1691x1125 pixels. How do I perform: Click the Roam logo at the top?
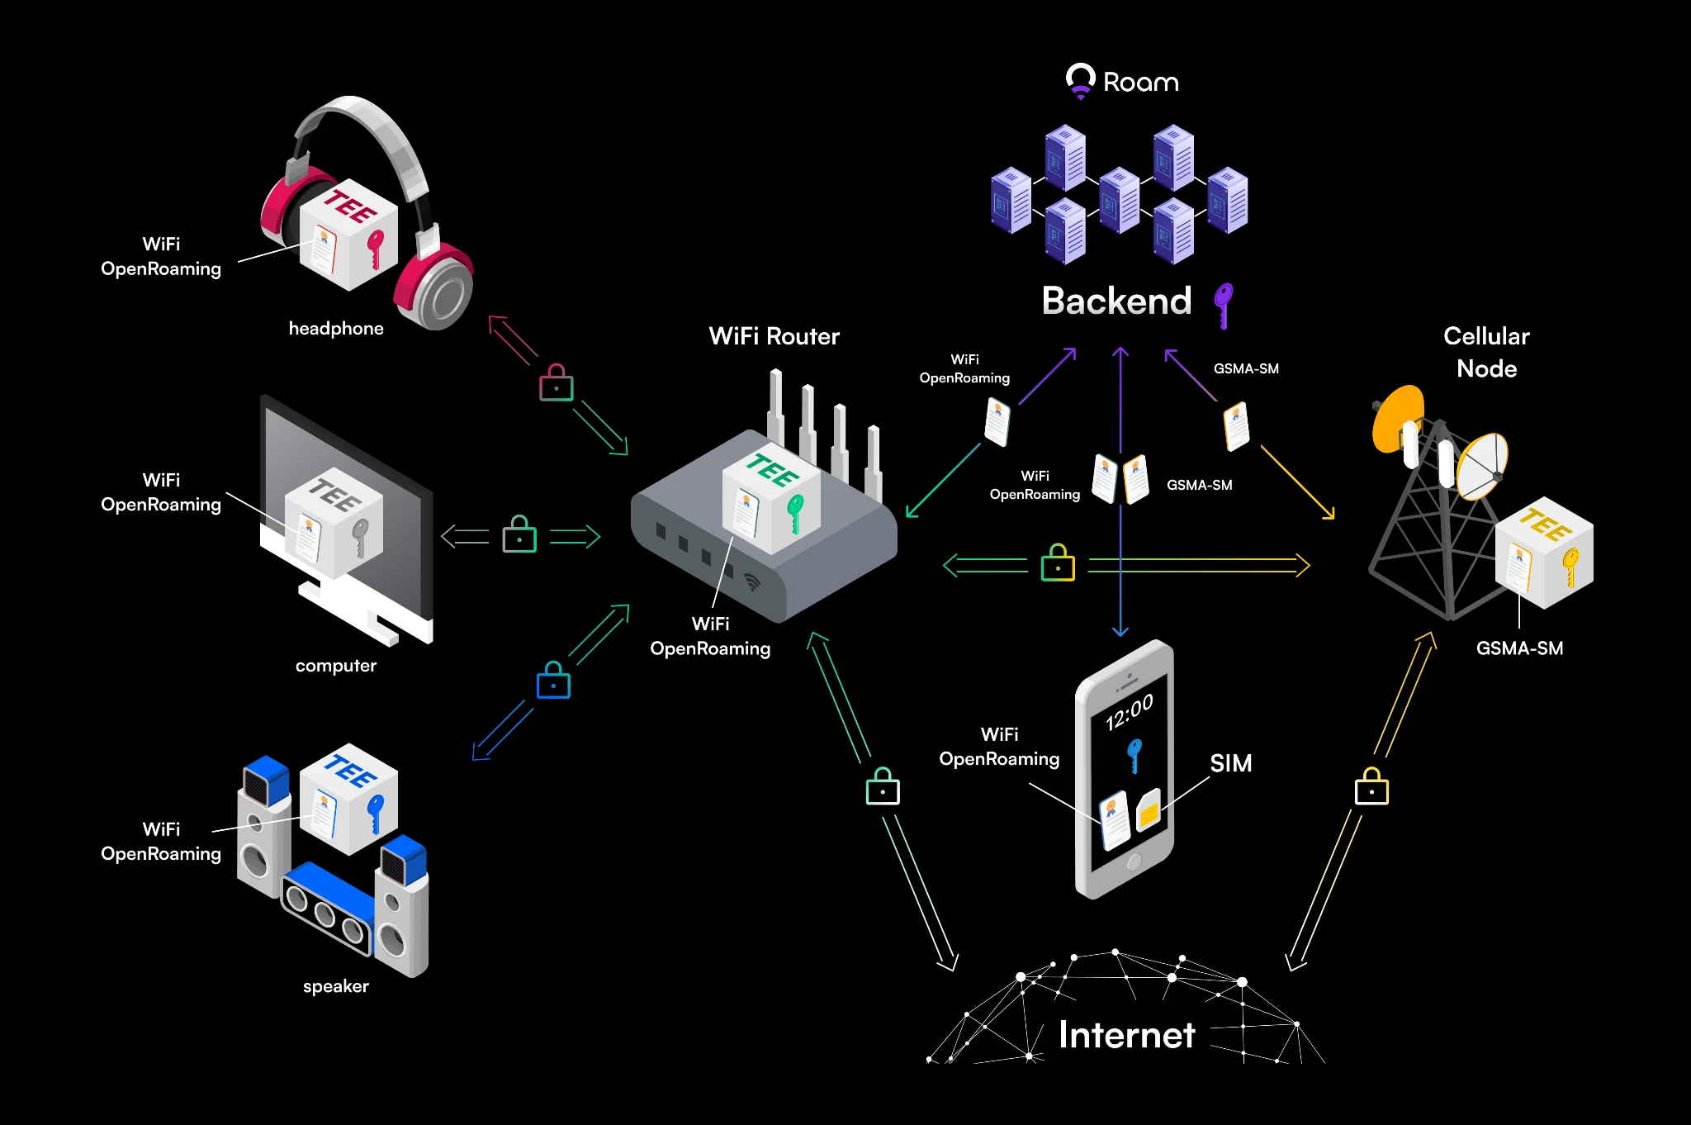pyautogui.click(x=1122, y=82)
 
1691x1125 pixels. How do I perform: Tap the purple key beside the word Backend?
pyautogui.click(x=1223, y=304)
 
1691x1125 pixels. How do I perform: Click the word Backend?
pyautogui.click(x=1116, y=301)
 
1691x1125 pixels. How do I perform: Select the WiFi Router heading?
pyautogui.click(x=774, y=336)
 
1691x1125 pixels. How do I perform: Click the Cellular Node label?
pyautogui.click(x=1486, y=352)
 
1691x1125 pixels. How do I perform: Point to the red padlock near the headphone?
pyautogui.click(x=557, y=383)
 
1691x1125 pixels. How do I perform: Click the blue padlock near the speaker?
pyautogui.click(x=553, y=681)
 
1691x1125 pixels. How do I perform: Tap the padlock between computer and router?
pyautogui.click(x=519, y=535)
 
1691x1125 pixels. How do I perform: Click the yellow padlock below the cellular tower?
pyautogui.click(x=1371, y=787)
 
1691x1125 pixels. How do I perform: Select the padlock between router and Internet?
pyautogui.click(x=883, y=786)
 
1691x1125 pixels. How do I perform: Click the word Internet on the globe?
pyautogui.click(x=1126, y=1035)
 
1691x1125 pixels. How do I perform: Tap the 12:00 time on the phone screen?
pyautogui.click(x=1129, y=711)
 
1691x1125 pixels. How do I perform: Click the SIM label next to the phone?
pyautogui.click(x=1230, y=763)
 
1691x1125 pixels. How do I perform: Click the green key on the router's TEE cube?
pyautogui.click(x=794, y=513)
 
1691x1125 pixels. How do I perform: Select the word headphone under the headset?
pyautogui.click(x=336, y=329)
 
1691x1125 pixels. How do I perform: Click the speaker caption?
pyautogui.click(x=336, y=986)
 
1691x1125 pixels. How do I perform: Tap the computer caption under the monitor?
pyautogui.click(x=336, y=666)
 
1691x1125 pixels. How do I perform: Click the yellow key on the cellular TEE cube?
pyautogui.click(x=1570, y=567)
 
